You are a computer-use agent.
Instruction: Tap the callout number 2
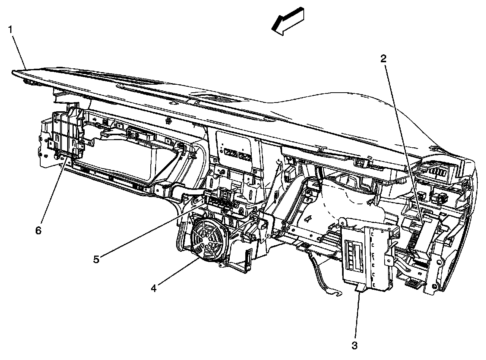click(x=383, y=58)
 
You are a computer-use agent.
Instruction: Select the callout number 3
click(x=355, y=346)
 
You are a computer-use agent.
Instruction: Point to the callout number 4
click(x=154, y=289)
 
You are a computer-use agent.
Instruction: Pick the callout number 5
click(x=96, y=259)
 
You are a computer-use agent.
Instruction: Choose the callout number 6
click(x=38, y=231)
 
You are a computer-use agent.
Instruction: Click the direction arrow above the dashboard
click(x=289, y=22)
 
